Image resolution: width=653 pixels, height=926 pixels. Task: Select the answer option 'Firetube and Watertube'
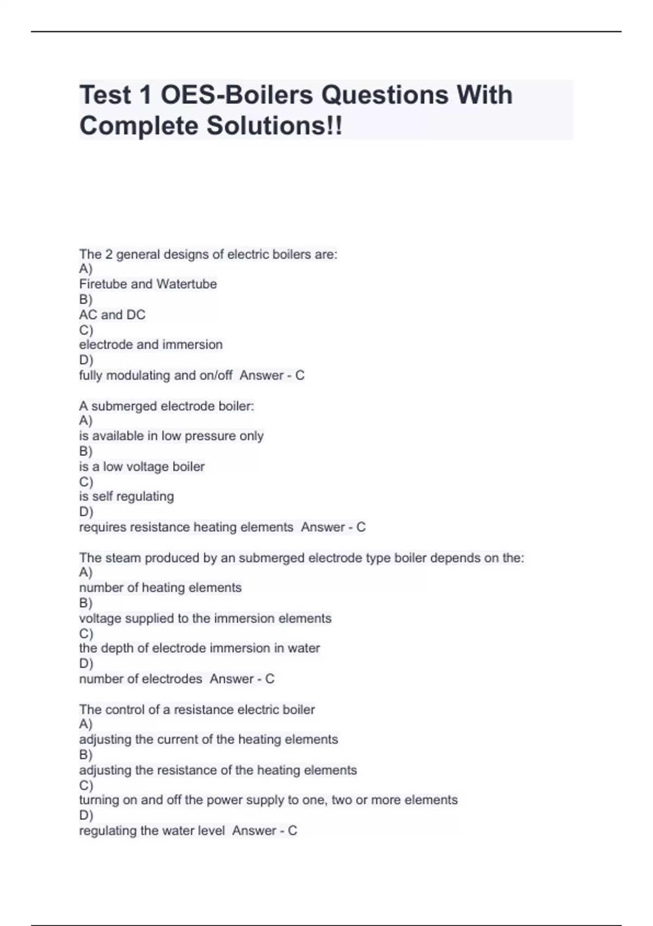click(x=148, y=284)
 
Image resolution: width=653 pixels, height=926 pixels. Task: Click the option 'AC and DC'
click(x=112, y=315)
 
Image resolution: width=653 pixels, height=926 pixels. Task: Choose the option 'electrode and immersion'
click(x=151, y=345)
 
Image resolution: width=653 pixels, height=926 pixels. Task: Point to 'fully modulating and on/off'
click(x=156, y=375)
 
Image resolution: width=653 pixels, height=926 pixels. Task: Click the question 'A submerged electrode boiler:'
click(x=167, y=406)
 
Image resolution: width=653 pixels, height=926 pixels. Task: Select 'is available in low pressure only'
click(x=171, y=436)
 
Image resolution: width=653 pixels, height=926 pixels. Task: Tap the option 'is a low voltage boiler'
click(x=142, y=467)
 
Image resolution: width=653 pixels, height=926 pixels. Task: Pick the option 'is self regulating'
click(x=127, y=497)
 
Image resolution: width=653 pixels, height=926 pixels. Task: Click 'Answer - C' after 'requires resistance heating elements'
click(x=333, y=527)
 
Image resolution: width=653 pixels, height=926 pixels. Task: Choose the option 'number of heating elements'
click(x=161, y=588)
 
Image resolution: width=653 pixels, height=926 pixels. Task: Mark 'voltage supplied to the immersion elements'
click(x=205, y=619)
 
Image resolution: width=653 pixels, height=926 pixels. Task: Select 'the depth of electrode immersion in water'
click(x=200, y=648)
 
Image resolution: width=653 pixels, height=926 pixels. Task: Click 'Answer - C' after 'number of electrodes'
click(x=242, y=679)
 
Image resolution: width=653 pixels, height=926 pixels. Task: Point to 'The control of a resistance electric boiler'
click(x=197, y=710)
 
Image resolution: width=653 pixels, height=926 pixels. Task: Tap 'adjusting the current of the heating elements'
click(x=208, y=740)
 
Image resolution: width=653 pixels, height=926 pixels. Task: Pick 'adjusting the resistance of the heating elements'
click(x=218, y=770)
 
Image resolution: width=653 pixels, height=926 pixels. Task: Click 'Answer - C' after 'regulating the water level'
click(x=264, y=831)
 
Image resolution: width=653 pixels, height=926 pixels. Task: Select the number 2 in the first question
click(x=109, y=254)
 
